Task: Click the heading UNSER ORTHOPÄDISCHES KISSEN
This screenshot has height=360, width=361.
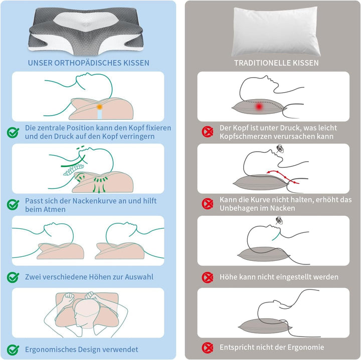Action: click(x=88, y=63)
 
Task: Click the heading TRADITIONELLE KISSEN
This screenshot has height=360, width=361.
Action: click(x=276, y=63)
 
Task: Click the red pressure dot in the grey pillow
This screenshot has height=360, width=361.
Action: click(x=259, y=107)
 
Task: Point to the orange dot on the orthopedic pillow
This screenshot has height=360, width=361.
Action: click(x=100, y=107)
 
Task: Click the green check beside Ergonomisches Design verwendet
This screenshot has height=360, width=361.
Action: click(x=13, y=349)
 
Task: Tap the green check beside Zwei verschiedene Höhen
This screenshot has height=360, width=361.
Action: click(x=13, y=277)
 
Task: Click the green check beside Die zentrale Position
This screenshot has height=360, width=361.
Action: click(x=13, y=132)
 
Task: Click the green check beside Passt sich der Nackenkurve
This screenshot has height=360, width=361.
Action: click(x=13, y=205)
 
